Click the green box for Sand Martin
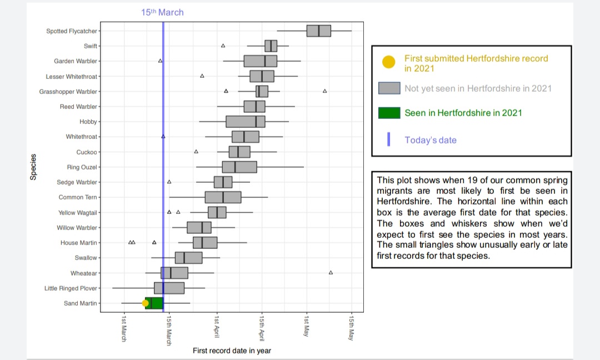(x=155, y=303)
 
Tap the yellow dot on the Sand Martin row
(x=146, y=303)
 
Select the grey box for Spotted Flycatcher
(x=318, y=31)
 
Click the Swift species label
(x=90, y=46)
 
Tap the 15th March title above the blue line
(x=162, y=12)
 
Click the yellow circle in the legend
(x=389, y=62)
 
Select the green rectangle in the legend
(x=389, y=113)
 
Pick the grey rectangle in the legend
(x=389, y=88)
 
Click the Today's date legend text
(x=431, y=140)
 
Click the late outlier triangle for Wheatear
(x=331, y=273)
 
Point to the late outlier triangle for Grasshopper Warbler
(x=325, y=91)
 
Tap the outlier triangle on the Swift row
(x=223, y=46)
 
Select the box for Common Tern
(x=223, y=197)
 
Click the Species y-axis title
(x=33, y=167)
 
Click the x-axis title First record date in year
(x=232, y=351)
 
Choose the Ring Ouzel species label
(x=82, y=167)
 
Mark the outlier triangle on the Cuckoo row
(x=196, y=152)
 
